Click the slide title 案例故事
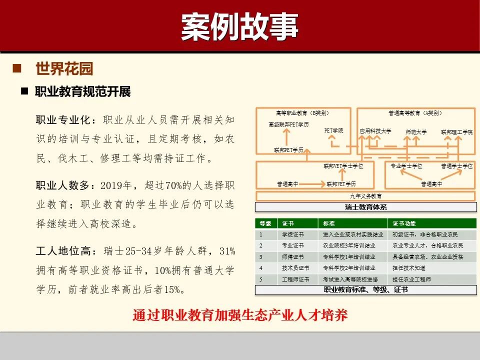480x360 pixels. point(239,26)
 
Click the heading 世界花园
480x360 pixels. point(64,68)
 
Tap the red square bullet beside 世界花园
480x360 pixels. point(17,68)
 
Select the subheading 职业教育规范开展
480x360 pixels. point(82,92)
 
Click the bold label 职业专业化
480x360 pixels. point(62,120)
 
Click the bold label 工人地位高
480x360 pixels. point(62,250)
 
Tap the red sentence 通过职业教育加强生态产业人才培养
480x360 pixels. point(240,315)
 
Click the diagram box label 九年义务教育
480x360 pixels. point(365,196)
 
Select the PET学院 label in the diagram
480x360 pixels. point(334,130)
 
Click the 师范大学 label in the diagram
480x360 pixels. point(416,132)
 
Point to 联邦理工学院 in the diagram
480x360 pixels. point(456,132)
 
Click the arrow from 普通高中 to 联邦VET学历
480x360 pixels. point(312,184)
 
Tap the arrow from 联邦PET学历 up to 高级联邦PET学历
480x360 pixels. point(286,136)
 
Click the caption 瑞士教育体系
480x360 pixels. point(365,207)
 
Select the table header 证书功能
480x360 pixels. point(404,223)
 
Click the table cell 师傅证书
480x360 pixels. point(293,256)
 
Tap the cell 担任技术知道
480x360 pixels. point(408,268)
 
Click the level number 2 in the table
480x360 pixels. point(260,245)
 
